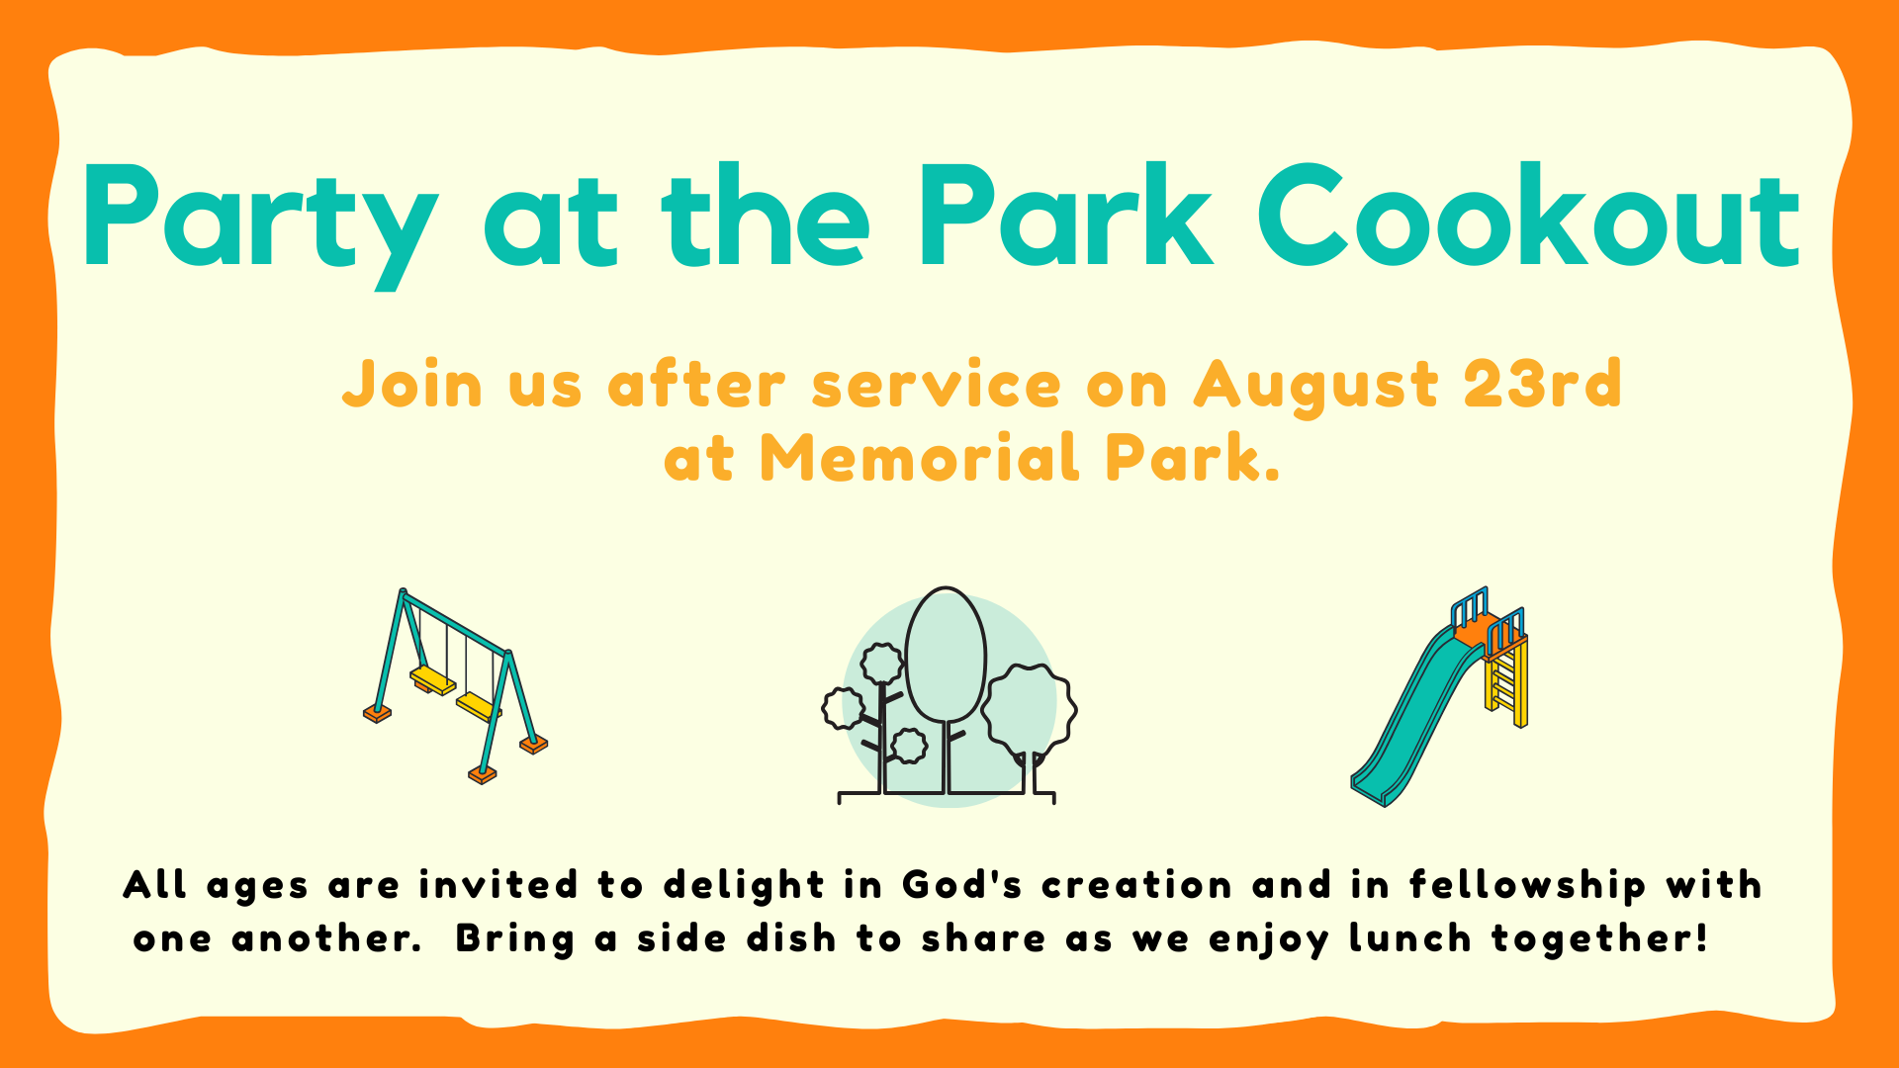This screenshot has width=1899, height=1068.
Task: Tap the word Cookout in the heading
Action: tap(1529, 216)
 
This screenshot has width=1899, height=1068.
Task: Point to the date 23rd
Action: tap(1543, 383)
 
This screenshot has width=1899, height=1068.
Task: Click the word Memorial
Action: tap(920, 458)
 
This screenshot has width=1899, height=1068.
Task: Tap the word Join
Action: tap(412, 384)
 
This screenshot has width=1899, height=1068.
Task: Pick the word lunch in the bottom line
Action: tap(1410, 937)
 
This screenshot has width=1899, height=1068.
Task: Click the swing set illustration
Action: tap(455, 685)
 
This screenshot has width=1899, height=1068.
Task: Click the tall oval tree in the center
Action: tap(946, 655)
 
